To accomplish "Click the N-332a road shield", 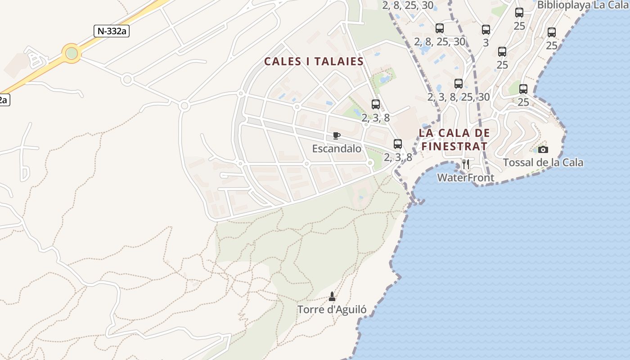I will click(111, 31).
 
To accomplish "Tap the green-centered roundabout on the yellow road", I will click(72, 54).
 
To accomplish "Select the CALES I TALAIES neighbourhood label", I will click(314, 62).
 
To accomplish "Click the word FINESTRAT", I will click(454, 146).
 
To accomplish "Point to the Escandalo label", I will click(337, 148).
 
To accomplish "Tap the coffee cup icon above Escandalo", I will click(337, 135).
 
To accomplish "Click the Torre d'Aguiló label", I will click(332, 310).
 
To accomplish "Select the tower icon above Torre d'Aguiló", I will click(332, 296).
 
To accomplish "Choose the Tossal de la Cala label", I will click(543, 162).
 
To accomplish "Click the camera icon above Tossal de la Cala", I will click(543, 149).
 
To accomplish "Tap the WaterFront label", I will click(466, 178).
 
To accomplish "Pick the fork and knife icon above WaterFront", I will click(466, 164).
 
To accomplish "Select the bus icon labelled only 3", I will click(486, 30).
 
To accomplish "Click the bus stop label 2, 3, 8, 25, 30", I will click(459, 97).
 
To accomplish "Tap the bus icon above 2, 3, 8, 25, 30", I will click(459, 84).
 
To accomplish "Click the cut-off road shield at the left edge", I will click(4, 99).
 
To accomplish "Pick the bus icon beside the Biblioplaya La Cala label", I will click(519, 13).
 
